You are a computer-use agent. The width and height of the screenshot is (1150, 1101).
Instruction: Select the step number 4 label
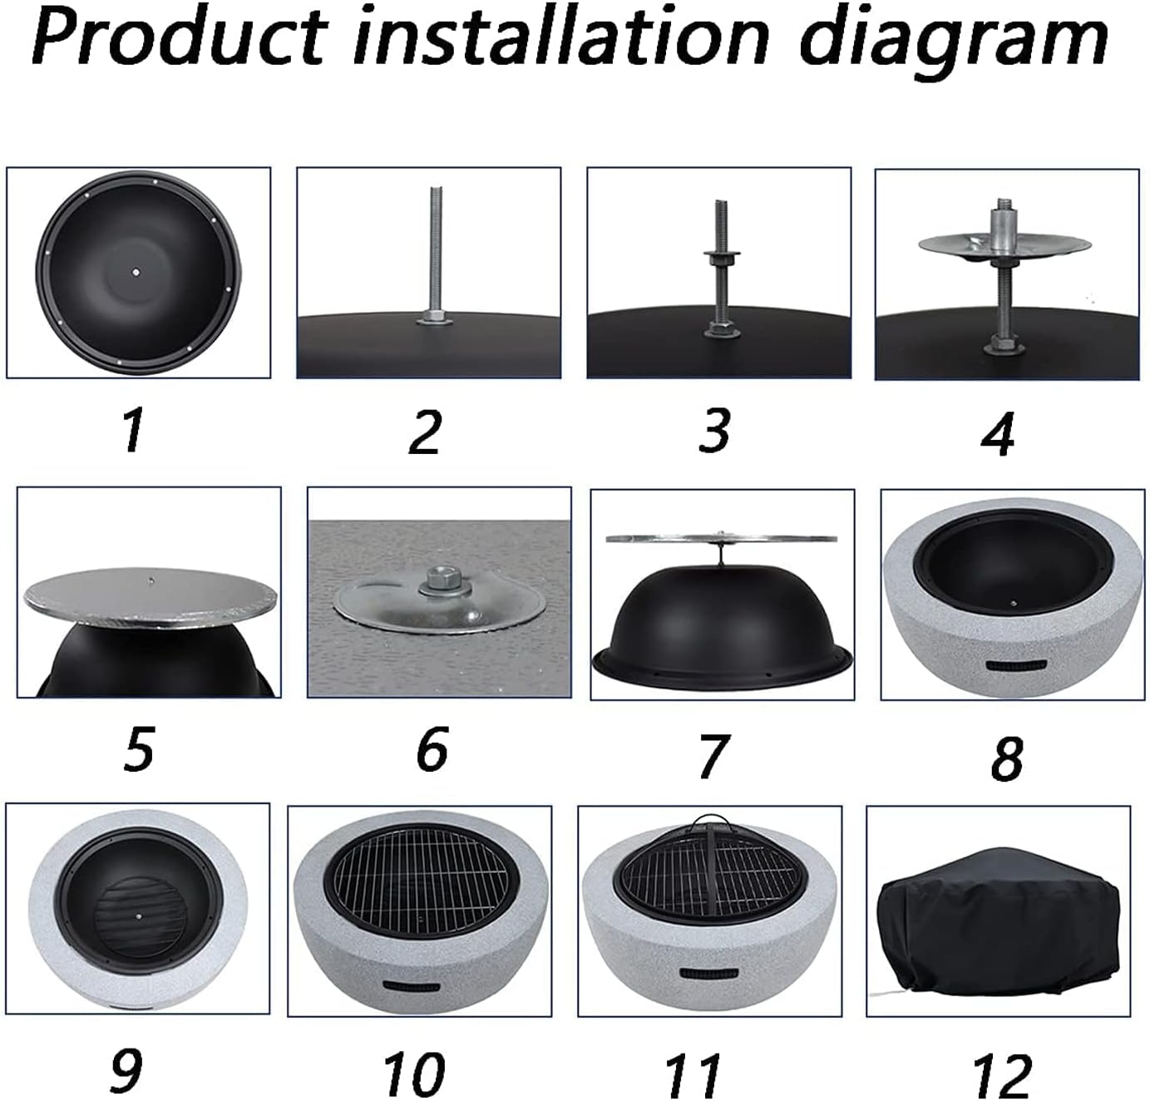998,434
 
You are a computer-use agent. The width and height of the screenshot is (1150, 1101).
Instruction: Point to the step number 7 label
714,757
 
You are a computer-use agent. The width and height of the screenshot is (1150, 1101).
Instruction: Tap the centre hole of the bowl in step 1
136,272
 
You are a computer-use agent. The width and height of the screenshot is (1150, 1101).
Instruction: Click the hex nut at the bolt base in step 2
434,317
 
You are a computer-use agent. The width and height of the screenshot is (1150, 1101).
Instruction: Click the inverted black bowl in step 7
722,620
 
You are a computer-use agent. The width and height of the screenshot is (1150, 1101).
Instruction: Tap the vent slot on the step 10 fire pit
412,987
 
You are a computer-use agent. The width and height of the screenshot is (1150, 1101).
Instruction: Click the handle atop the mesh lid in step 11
710,824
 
